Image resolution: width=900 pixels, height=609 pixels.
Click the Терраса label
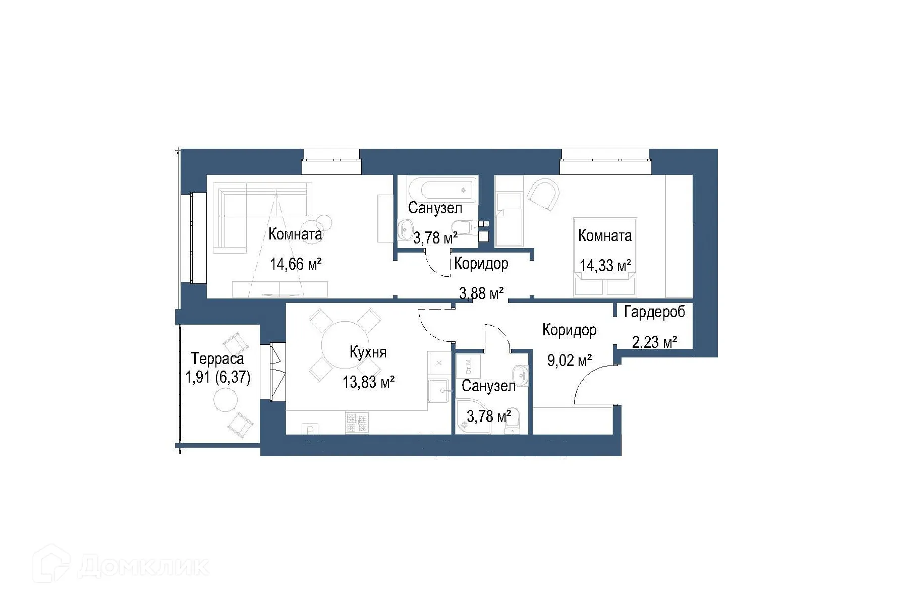217,359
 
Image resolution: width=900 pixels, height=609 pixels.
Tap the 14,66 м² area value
296,264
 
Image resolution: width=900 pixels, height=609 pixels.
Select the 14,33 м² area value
605,266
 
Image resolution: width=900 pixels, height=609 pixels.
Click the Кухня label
368,352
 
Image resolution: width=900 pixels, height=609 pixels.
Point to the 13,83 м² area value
368,382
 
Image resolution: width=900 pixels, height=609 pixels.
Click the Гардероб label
654,313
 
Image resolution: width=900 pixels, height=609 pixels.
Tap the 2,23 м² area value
654,342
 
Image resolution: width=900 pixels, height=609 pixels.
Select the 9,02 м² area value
569,360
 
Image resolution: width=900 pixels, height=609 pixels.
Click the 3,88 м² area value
481,293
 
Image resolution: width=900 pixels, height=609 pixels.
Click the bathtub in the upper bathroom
442,190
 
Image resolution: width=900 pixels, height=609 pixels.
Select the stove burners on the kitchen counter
357,423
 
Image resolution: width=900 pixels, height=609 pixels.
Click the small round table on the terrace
225,402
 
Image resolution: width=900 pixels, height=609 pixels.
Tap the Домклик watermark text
143,567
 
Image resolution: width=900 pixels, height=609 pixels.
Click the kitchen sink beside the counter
438,391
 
